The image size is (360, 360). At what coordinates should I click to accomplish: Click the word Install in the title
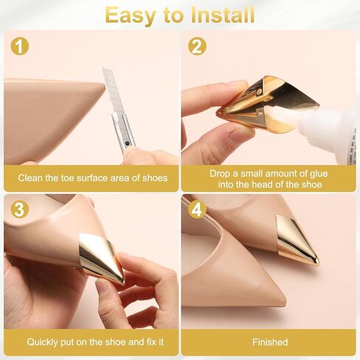pos(218,15)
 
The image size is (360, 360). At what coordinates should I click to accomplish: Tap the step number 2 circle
pos(196,46)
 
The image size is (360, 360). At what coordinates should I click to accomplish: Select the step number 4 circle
pos(196,210)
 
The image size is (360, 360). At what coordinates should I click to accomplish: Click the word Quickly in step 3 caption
pos(46,342)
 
